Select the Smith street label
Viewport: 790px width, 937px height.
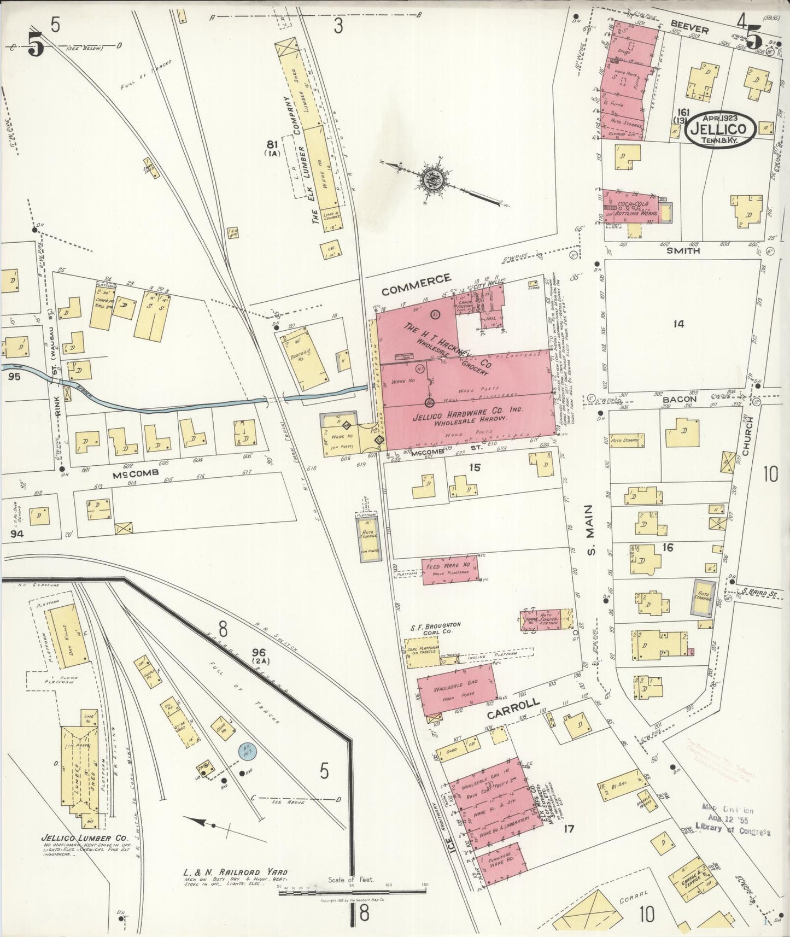tap(683, 251)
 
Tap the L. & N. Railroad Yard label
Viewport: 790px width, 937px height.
tap(235, 872)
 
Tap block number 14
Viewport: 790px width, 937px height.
tap(678, 324)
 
